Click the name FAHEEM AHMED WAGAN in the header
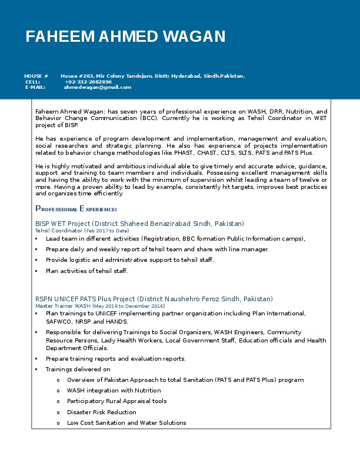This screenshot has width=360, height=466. point(125,36)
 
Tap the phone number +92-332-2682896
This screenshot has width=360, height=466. point(88,82)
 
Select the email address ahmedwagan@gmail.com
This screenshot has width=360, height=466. point(97,87)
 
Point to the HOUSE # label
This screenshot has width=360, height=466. point(36,76)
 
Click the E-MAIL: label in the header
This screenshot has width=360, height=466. point(35,87)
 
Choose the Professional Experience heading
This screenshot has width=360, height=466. point(76,209)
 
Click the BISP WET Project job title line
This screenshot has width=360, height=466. point(139,224)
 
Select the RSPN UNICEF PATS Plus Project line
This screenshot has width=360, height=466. point(154,299)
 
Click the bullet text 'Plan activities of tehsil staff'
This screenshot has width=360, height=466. point(86,271)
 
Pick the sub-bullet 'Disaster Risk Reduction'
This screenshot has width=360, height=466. point(102,412)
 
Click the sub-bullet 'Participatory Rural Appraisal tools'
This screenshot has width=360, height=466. point(116,401)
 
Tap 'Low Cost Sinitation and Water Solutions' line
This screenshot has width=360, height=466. point(126,422)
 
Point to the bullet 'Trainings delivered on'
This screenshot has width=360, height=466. point(78,370)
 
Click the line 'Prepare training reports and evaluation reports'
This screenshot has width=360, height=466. point(115,358)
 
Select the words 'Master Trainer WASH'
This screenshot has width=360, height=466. point(63,306)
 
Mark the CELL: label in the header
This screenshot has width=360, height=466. point(33,82)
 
